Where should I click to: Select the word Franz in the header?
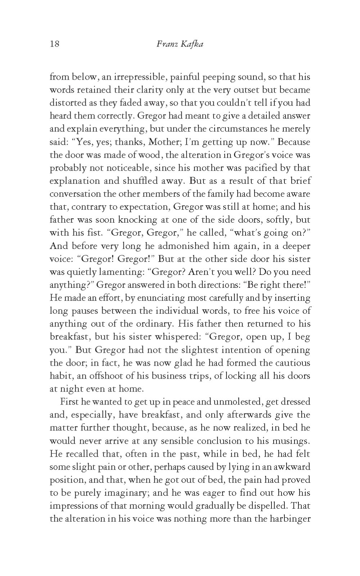click(x=167, y=45)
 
